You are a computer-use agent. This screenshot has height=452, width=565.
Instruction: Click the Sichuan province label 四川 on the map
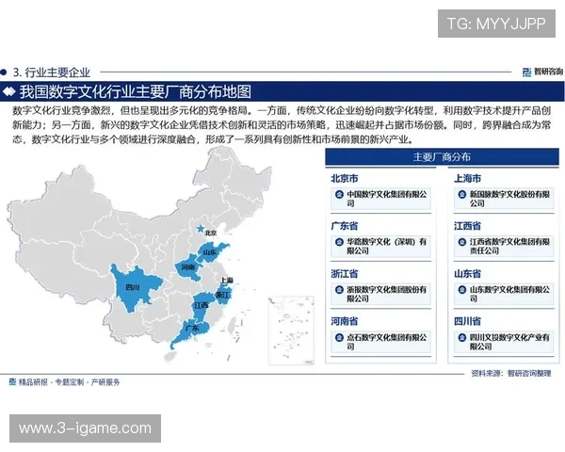(131, 286)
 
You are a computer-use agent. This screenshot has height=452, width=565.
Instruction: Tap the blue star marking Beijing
(198, 228)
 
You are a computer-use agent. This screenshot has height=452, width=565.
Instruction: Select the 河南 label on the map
(188, 267)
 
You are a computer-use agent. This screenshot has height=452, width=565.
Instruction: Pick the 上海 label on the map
(226, 280)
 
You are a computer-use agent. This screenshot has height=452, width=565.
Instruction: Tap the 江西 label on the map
(202, 305)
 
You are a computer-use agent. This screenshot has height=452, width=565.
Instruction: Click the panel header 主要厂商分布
(443, 157)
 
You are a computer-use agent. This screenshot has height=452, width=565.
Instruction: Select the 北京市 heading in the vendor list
(345, 177)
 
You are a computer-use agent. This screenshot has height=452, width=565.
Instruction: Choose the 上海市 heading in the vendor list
(468, 177)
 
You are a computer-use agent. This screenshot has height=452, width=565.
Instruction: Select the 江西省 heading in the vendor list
(468, 226)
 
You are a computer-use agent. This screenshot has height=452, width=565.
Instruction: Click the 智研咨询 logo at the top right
(541, 71)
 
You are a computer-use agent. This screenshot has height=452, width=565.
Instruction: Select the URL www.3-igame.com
(85, 428)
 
